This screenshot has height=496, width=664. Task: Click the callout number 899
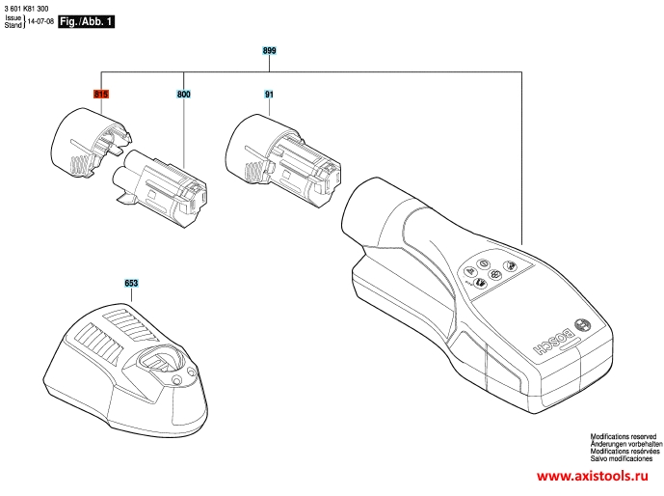[269, 50]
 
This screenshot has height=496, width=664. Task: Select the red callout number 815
[101, 94]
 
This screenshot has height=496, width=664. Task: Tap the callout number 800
[184, 94]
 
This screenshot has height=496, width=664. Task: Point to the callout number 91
[269, 95]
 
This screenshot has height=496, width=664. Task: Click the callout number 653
[131, 283]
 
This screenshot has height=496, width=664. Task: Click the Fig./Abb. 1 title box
[86, 21]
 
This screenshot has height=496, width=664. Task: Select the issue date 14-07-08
[40, 21]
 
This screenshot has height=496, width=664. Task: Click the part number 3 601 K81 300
[26, 9]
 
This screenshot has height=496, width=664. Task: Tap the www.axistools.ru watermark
[592, 476]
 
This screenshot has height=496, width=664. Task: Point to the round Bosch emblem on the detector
[584, 325]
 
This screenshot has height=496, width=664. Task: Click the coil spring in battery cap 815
[80, 164]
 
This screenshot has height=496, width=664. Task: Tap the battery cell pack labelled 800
[160, 187]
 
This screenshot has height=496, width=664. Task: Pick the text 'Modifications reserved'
[624, 436]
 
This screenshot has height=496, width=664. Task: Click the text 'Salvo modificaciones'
[622, 458]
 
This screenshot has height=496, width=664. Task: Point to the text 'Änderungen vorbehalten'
[626, 444]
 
